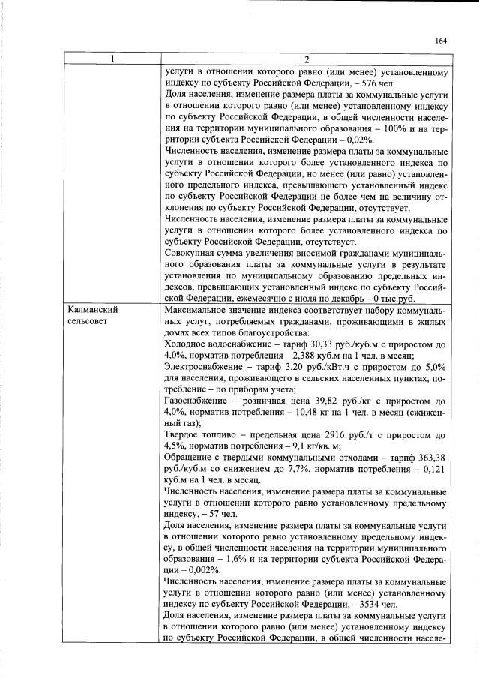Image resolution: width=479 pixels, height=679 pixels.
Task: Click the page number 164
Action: (441, 41)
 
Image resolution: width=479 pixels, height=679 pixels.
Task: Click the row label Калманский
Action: (93, 309)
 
